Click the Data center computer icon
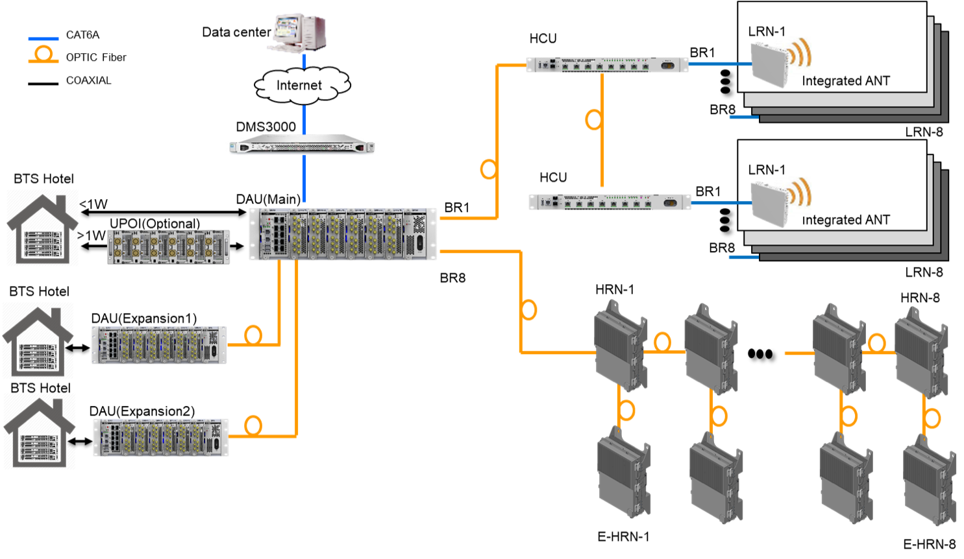[297, 33]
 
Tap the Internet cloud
[302, 86]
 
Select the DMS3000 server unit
[302, 145]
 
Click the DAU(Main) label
[268, 200]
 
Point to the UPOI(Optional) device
[168, 247]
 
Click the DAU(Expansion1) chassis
[159, 345]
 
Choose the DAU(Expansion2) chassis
[160, 437]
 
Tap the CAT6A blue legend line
[43, 39]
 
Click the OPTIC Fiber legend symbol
[43, 55]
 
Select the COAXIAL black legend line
[43, 84]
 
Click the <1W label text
[93, 204]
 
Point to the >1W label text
[92, 235]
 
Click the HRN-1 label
[615, 290]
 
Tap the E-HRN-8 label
[929, 544]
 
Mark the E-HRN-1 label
[623, 537]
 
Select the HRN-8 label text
[920, 298]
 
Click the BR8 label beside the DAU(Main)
[452, 278]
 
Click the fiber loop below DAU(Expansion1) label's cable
[253, 335]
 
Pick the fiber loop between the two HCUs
[593, 119]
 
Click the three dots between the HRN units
[760, 354]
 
